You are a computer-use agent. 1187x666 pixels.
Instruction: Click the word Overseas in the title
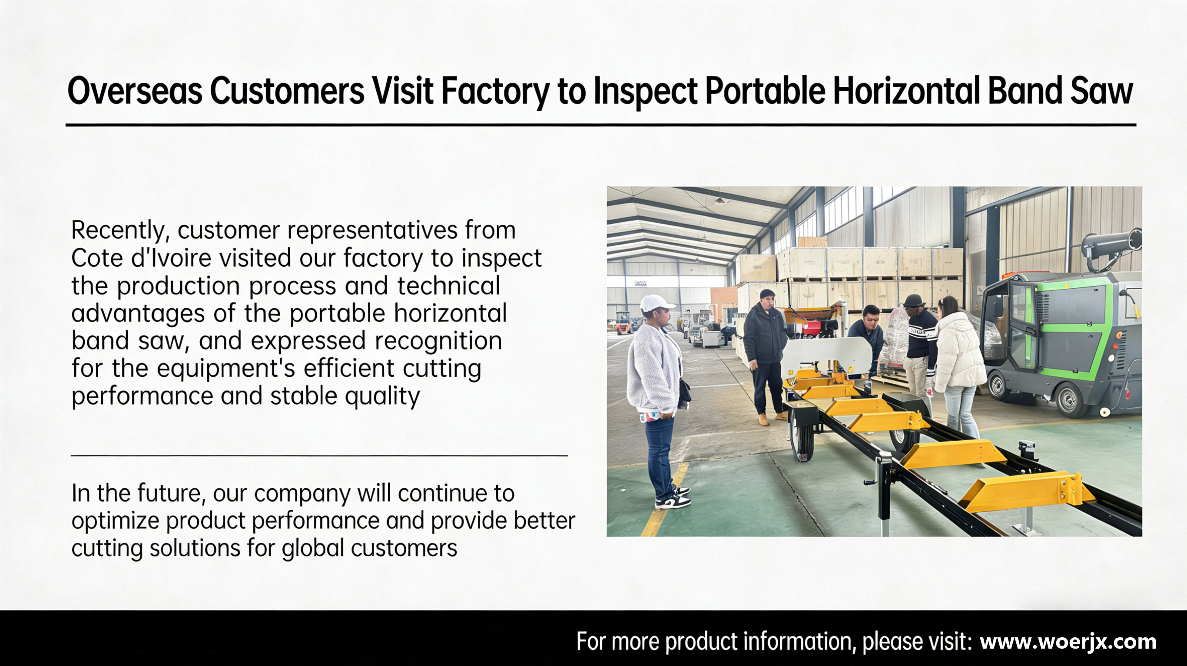point(135,91)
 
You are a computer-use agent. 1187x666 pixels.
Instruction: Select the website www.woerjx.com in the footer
point(1068,641)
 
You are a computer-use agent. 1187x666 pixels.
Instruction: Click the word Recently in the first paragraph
point(121,231)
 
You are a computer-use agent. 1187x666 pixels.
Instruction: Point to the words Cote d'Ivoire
point(142,257)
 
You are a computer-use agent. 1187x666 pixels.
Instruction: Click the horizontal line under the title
point(601,124)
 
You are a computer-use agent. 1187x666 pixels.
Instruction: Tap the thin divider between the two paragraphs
point(319,455)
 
